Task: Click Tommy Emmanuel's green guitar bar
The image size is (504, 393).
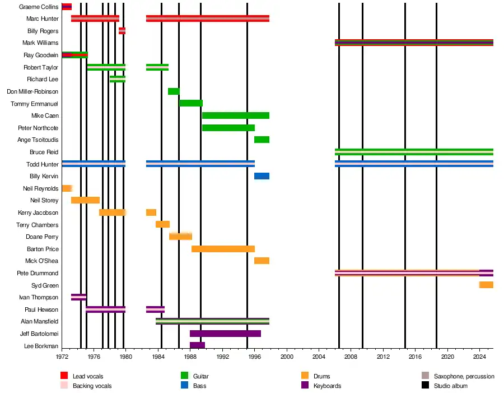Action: click(x=191, y=103)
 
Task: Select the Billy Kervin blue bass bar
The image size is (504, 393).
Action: click(x=262, y=176)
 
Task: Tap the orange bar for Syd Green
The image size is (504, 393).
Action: click(x=486, y=285)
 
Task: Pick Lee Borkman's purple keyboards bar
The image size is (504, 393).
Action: click(x=197, y=345)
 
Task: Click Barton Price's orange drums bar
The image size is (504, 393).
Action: click(x=223, y=249)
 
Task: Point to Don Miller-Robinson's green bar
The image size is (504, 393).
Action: click(x=174, y=91)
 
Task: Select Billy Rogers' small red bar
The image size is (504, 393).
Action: click(x=122, y=31)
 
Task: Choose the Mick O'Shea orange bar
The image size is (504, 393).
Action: click(x=262, y=261)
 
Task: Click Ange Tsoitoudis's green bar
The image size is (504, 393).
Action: click(x=262, y=140)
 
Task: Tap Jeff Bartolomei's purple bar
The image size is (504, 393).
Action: click(x=225, y=334)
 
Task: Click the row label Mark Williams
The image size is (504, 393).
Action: click(x=40, y=43)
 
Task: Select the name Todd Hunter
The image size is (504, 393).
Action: click(x=42, y=164)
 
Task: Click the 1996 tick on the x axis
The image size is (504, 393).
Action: click(x=254, y=356)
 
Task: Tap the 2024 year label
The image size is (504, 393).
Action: click(x=479, y=356)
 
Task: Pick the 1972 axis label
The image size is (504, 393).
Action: click(x=62, y=356)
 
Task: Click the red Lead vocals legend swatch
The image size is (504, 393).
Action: click(x=64, y=376)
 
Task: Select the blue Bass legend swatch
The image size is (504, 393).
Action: click(x=184, y=386)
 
